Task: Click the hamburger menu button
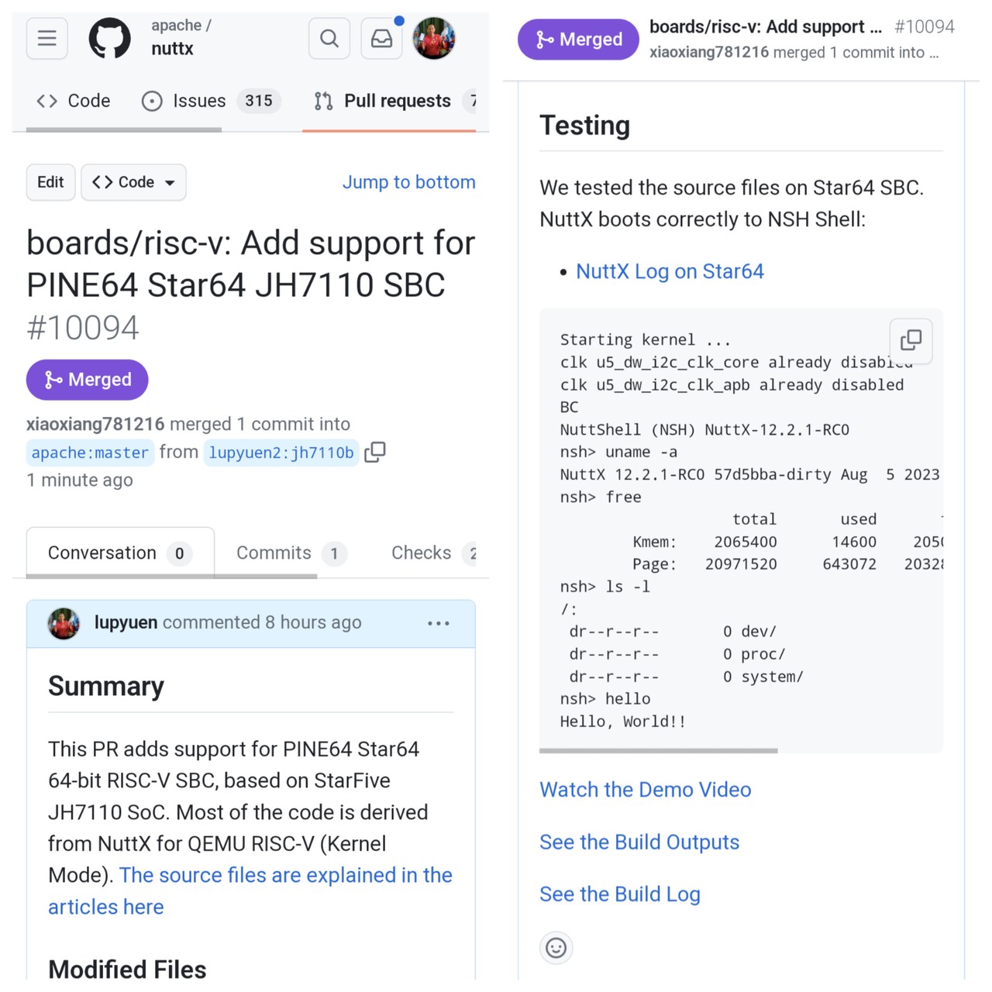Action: tap(47, 38)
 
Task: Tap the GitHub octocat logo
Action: tap(110, 38)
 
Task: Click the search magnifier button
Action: tap(329, 38)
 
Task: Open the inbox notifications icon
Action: tap(382, 38)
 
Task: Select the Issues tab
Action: tap(198, 101)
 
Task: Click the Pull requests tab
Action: tap(396, 101)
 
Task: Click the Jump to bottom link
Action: tap(408, 182)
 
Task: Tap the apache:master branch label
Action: tap(90, 453)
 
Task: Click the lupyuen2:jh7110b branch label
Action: tap(281, 453)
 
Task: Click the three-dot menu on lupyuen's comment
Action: tap(438, 623)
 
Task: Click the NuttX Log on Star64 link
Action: tap(670, 271)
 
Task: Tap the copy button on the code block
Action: tap(911, 340)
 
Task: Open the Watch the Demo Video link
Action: tap(645, 790)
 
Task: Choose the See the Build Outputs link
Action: tap(639, 842)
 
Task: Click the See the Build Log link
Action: tap(620, 894)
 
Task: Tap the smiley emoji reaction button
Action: tap(556, 947)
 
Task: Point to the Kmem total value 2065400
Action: tap(746, 542)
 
